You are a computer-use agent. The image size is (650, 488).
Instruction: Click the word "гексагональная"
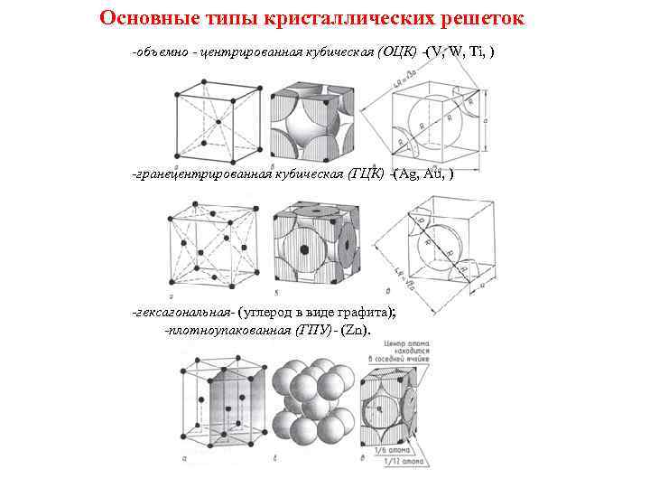[x=183, y=312]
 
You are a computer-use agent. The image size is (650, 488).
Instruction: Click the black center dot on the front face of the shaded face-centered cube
[x=304, y=249]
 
